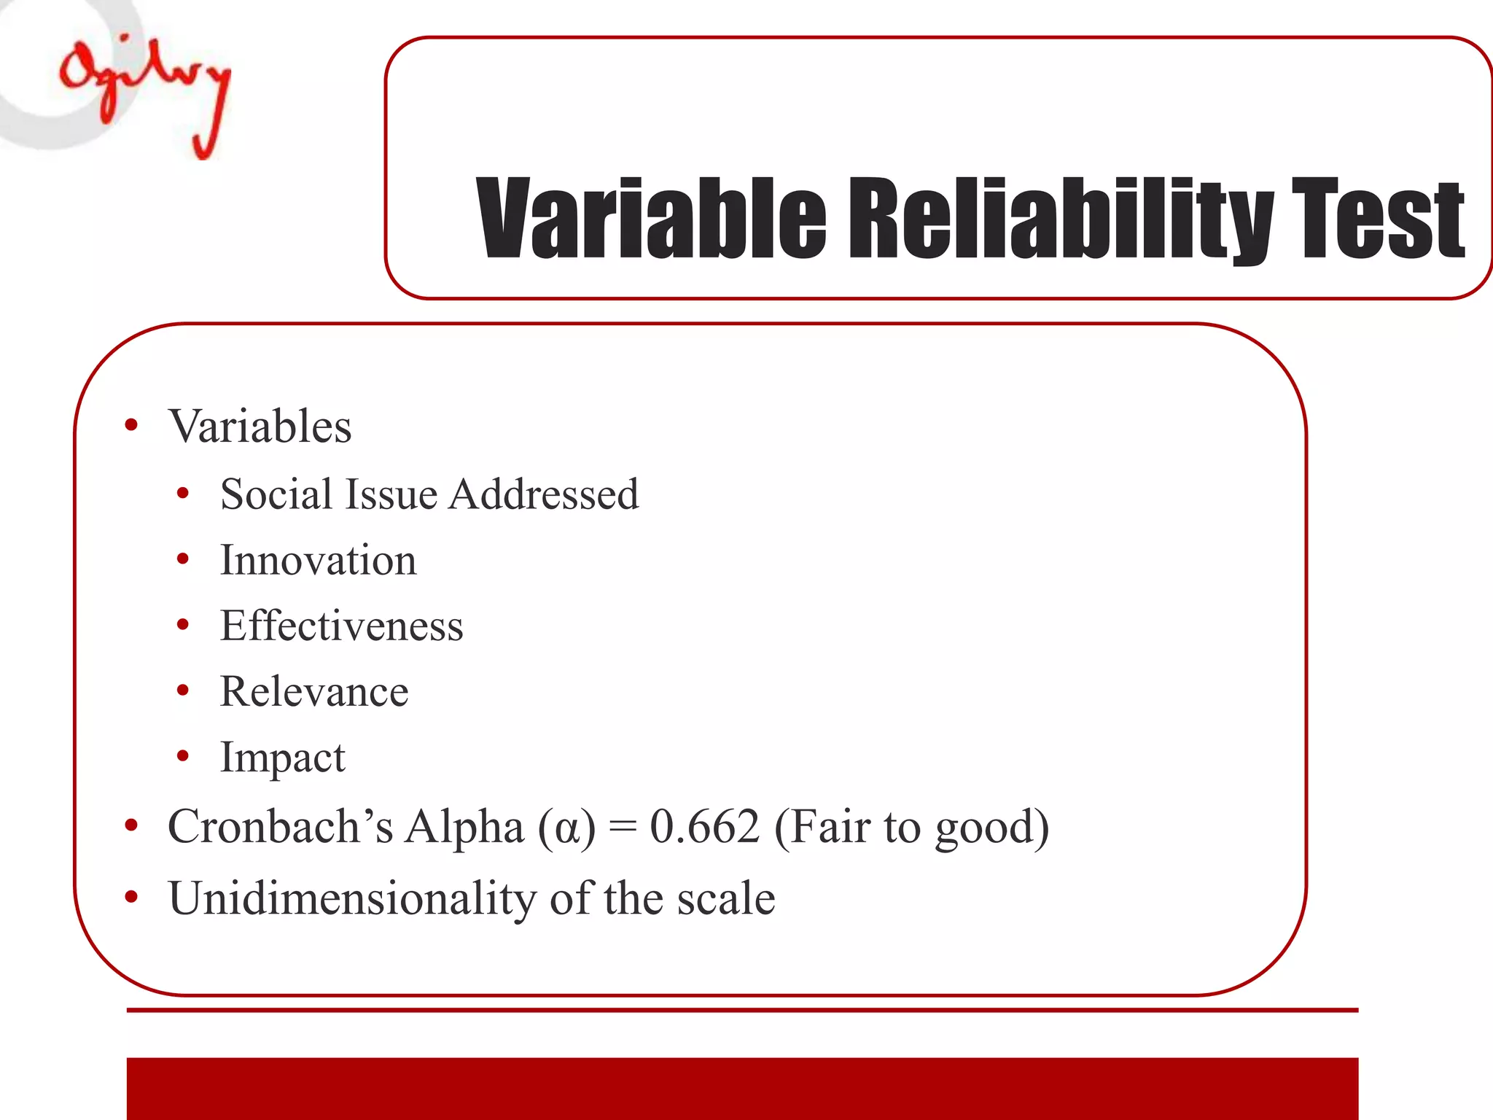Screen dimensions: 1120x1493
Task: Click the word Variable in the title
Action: (x=651, y=219)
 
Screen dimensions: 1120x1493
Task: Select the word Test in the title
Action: (x=1378, y=219)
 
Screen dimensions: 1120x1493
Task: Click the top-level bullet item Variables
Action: (x=260, y=426)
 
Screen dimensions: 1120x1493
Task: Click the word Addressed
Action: (x=544, y=494)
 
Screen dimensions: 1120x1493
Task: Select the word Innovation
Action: (x=319, y=560)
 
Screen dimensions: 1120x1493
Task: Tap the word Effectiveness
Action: (x=342, y=626)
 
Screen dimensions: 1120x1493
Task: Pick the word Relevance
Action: (x=314, y=691)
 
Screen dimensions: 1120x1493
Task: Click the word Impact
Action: (x=283, y=758)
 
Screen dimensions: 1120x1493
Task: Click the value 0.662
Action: (x=704, y=827)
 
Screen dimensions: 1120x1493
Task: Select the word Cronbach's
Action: (x=280, y=827)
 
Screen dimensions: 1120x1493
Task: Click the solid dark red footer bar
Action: (x=742, y=1088)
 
